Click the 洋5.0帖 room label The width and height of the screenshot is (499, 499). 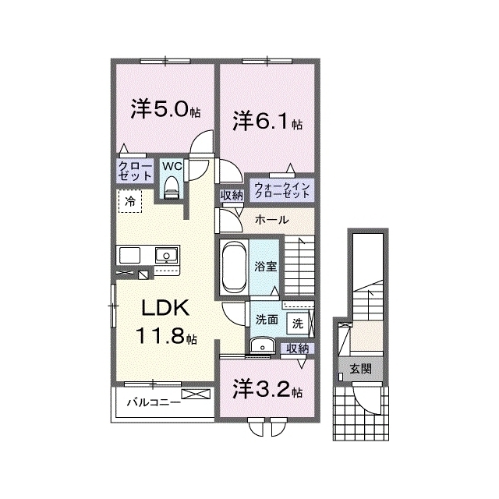165,109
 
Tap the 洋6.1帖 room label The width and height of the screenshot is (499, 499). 267,121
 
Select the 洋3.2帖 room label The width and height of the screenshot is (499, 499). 267,390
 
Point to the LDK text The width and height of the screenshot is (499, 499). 165,307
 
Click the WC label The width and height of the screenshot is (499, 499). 172,166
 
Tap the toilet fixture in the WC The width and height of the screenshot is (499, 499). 172,188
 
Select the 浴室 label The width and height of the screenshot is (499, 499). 265,267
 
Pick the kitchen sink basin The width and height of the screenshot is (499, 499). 166,256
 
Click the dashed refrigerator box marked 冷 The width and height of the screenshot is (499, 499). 130,201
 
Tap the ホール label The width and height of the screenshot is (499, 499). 272,220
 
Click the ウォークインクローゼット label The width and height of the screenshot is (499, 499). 282,190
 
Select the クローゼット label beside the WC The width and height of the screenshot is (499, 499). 135,171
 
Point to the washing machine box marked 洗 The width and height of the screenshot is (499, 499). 298,324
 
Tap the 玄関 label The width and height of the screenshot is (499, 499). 360,369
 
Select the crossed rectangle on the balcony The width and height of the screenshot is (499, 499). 196,395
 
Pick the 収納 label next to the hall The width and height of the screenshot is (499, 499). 232,196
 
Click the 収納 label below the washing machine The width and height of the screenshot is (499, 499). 298,349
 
